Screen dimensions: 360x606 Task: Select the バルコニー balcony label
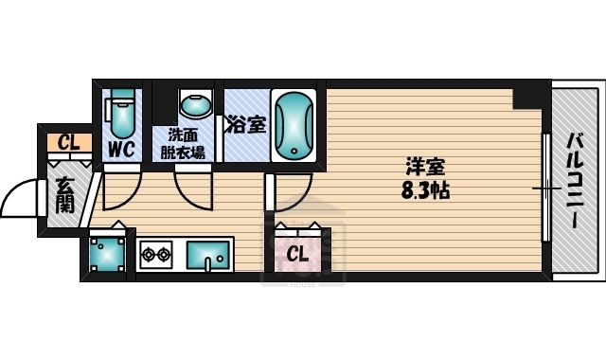click(x=574, y=180)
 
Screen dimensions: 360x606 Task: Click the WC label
click(x=119, y=149)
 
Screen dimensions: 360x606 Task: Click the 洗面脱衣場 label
click(x=183, y=142)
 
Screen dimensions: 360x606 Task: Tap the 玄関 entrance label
click(x=65, y=194)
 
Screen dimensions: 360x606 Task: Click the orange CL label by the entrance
click(x=67, y=143)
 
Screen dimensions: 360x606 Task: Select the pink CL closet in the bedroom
click(x=297, y=252)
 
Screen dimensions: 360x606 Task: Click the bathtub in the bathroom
click(x=294, y=125)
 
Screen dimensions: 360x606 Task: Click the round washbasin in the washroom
click(x=196, y=104)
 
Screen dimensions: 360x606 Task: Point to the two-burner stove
click(x=155, y=254)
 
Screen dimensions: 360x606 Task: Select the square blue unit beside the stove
click(x=106, y=254)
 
